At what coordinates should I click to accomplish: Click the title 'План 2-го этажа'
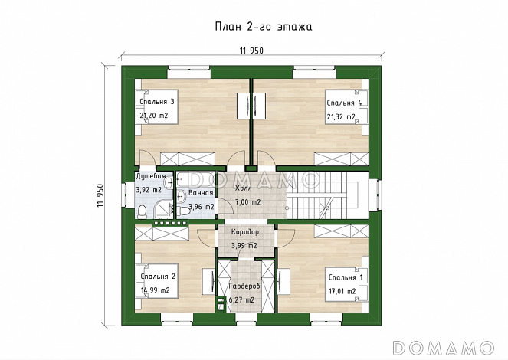coord(264,27)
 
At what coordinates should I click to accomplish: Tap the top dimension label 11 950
coord(251,51)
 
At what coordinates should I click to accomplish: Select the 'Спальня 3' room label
coord(157,102)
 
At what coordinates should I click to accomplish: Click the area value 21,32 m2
coord(341,117)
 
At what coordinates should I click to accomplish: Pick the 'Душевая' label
coord(151,176)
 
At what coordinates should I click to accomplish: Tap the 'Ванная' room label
coord(201,193)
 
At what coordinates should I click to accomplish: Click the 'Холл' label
coord(243,188)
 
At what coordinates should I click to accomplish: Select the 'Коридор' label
coord(245,232)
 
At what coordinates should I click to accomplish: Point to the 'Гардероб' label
coord(244,286)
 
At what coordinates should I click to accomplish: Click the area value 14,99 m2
coord(156,290)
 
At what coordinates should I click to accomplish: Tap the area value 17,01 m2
coord(342,291)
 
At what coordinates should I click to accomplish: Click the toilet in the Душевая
coord(143,211)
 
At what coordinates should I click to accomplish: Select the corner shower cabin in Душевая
coord(163,209)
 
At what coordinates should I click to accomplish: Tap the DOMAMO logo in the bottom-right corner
coord(444,349)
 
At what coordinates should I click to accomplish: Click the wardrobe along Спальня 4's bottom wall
coord(342,159)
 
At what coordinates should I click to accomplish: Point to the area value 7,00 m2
coord(248,202)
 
